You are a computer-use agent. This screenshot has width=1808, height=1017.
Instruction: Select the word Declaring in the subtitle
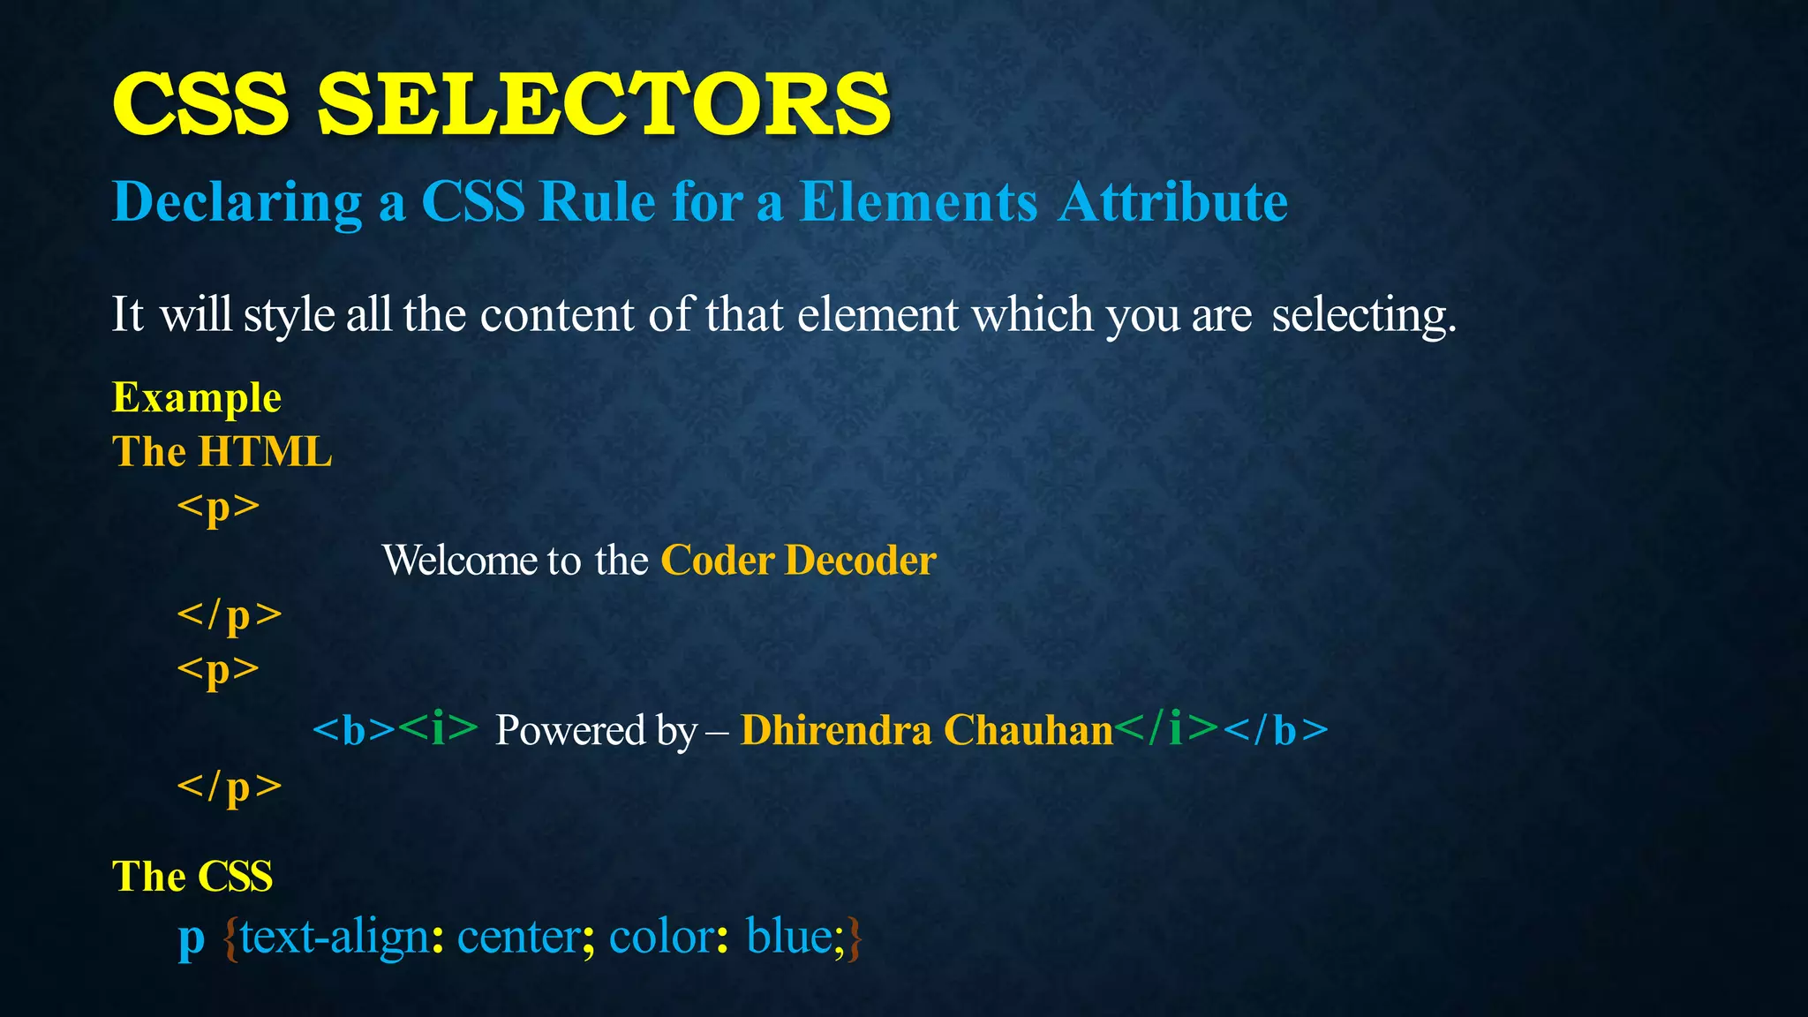[x=237, y=202]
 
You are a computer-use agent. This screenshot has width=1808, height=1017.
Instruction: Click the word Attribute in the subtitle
[x=1173, y=202]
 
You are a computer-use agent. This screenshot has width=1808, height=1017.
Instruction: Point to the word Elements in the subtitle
[x=918, y=202]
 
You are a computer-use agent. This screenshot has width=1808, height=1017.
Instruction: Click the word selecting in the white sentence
[x=1363, y=315]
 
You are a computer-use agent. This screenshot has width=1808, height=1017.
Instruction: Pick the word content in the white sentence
[x=557, y=315]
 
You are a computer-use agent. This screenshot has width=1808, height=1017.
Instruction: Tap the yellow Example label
[x=197, y=397]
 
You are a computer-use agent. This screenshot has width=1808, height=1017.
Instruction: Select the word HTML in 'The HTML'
[x=265, y=452]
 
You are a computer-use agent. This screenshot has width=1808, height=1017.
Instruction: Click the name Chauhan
[x=1028, y=730]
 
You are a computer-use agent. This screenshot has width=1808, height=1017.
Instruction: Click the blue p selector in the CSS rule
[x=191, y=938]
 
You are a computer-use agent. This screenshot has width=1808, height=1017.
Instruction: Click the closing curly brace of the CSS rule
[x=854, y=938]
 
